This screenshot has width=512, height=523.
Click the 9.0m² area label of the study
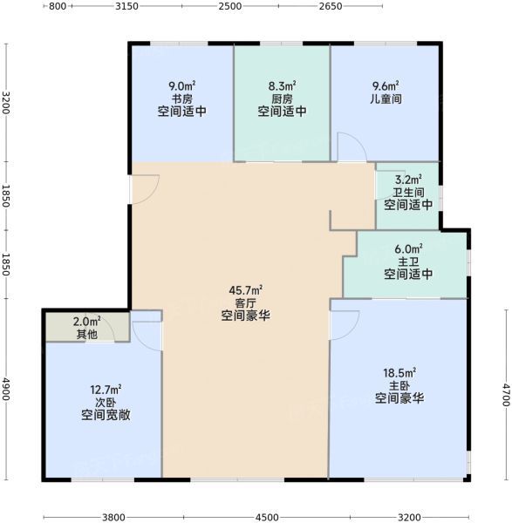182,86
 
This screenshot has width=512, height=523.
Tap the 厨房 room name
282,98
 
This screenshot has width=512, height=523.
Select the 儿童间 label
386,98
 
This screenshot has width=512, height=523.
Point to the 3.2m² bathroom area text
408,180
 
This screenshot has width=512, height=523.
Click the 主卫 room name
408,261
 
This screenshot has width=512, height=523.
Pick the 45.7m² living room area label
245,290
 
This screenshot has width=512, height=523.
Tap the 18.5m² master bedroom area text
399,372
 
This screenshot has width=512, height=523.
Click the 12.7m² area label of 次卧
106,390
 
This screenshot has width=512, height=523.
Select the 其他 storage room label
86,334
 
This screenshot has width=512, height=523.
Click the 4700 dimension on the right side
506,395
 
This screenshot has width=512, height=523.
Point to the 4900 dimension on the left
6,390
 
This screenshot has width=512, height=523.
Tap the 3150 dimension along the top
126,6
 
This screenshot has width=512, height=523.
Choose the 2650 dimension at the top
331,6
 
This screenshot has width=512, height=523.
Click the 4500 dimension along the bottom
267,517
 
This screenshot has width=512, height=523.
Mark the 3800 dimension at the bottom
113,517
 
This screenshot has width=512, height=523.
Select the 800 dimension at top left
58,6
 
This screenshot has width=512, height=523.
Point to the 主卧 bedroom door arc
352,329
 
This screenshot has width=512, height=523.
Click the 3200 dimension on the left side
6,102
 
